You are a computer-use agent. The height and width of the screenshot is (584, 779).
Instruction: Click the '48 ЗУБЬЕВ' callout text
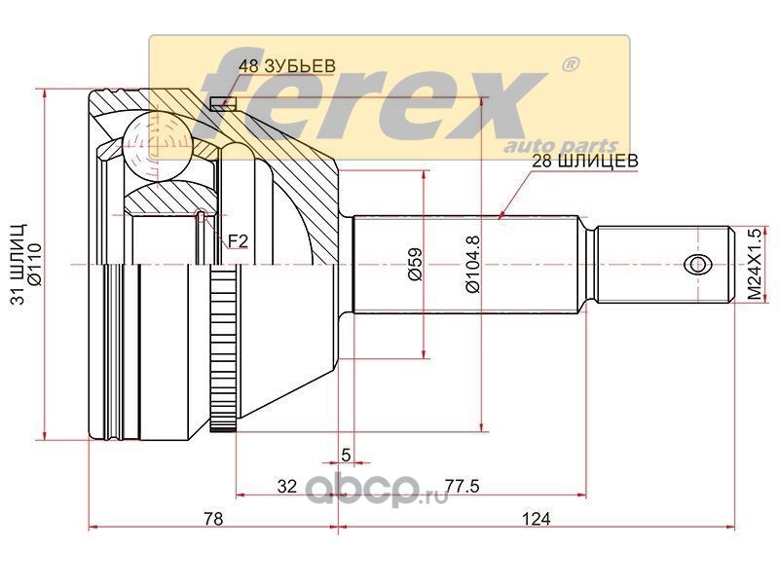pyautogui.click(x=286, y=66)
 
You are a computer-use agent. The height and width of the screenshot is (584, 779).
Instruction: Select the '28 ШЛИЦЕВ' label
pyautogui.click(x=585, y=161)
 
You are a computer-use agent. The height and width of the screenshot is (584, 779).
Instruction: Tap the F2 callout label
pyautogui.click(x=238, y=241)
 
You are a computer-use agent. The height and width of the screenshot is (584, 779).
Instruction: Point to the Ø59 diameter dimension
pyautogui.click(x=416, y=264)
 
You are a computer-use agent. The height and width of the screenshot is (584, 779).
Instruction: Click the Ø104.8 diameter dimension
pyautogui.click(x=473, y=264)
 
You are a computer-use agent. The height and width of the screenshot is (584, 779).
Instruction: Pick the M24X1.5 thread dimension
pyautogui.click(x=755, y=264)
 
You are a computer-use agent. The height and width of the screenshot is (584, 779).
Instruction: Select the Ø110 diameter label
pyautogui.click(x=36, y=264)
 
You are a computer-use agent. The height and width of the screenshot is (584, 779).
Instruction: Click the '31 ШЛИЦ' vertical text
pyautogui.click(x=19, y=264)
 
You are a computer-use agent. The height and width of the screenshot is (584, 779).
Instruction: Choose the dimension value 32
pyautogui.click(x=286, y=486)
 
